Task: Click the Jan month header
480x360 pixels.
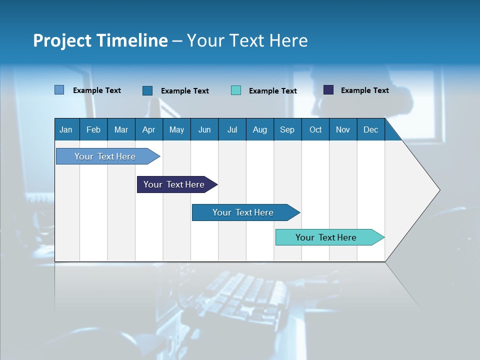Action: [66, 130]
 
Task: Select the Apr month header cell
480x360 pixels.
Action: [149, 130]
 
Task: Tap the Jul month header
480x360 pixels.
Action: [232, 130]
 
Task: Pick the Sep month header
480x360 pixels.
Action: [287, 130]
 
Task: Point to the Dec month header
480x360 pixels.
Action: [371, 130]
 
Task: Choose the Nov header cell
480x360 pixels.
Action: [343, 130]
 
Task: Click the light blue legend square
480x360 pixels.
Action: [59, 90]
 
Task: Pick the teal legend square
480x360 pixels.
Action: [236, 90]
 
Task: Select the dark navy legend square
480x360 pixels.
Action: [328, 90]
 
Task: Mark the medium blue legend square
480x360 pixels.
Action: [147, 90]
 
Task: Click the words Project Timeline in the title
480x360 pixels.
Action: [100, 40]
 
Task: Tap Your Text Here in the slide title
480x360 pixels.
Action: [247, 40]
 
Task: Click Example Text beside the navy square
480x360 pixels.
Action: [364, 90]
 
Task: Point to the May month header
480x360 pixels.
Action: [176, 130]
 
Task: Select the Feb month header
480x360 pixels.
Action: [93, 130]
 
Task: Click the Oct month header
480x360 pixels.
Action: [315, 130]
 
